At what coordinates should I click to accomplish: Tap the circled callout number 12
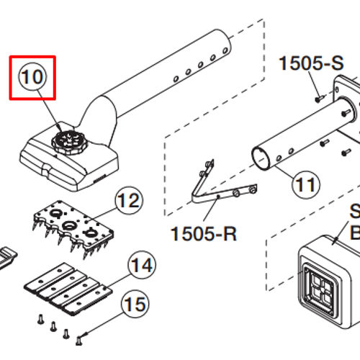pos(127,200)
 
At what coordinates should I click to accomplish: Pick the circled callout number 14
pos(141,266)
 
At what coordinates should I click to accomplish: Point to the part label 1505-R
pos(204,234)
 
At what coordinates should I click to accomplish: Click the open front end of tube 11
pos(262,158)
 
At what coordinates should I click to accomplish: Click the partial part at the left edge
pos(5,257)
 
